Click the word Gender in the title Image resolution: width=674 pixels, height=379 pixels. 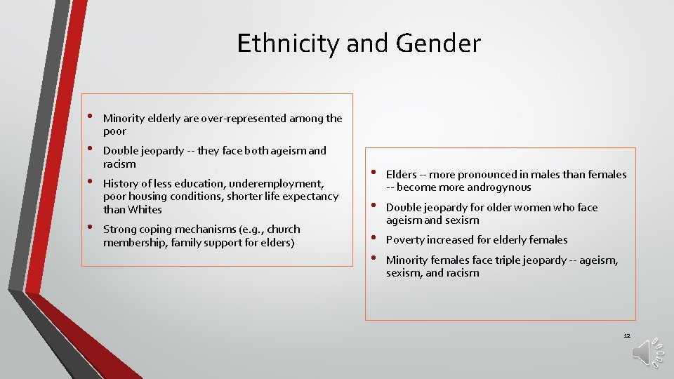tap(438, 44)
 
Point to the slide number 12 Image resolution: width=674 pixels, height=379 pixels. tap(627, 335)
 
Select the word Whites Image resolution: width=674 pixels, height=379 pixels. tap(145, 209)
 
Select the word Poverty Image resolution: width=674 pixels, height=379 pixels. tap(407, 240)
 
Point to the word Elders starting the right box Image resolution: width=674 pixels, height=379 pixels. tap(402, 175)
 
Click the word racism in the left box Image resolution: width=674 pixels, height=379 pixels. tap(119, 164)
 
